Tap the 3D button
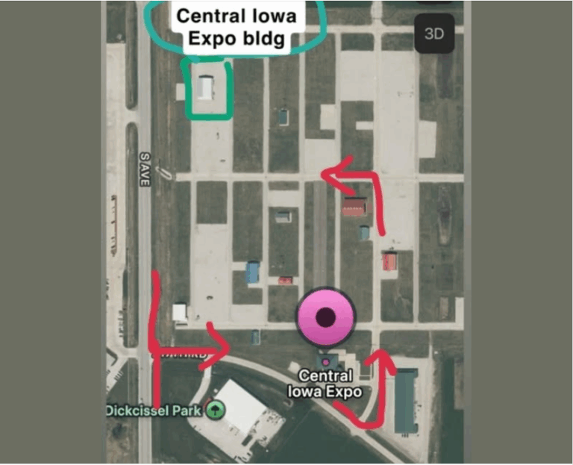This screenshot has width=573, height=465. click(x=434, y=34)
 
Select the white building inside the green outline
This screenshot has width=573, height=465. click(x=205, y=87)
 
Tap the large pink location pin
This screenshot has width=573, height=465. click(x=325, y=317)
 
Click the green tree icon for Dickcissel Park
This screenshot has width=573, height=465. click(x=215, y=410)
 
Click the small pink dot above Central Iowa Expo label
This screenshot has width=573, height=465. click(x=325, y=362)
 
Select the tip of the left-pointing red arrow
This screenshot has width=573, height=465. click(x=325, y=173)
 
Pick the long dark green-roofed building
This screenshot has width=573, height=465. click(x=405, y=402)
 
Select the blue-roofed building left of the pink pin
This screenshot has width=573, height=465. click(x=253, y=272)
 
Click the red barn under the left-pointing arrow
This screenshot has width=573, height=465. click(x=354, y=207)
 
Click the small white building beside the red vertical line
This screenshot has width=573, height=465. click(x=180, y=312)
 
